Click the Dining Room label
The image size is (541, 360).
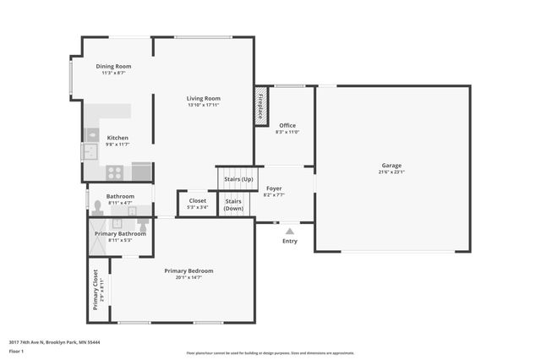coord(113,66)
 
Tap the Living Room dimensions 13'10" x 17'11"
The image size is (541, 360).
coord(203,105)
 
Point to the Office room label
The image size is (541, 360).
coord(287,125)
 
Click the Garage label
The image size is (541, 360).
coord(391,165)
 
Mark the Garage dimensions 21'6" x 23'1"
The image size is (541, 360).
coord(391,172)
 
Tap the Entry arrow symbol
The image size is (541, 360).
coord(290,230)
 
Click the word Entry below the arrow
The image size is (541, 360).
coord(290,241)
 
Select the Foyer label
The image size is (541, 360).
coord(274,188)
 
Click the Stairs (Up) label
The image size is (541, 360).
coord(237,179)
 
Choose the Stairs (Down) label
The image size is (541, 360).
coord(234,205)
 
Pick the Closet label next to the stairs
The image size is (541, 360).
coord(197,200)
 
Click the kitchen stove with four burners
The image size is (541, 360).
coord(115,172)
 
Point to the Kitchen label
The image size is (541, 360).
coord(117,138)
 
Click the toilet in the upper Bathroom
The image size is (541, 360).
coord(97,205)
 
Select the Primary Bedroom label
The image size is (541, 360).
coord(189,270)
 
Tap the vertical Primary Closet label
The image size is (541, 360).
coord(96,290)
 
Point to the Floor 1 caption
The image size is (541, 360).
coord(17,350)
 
